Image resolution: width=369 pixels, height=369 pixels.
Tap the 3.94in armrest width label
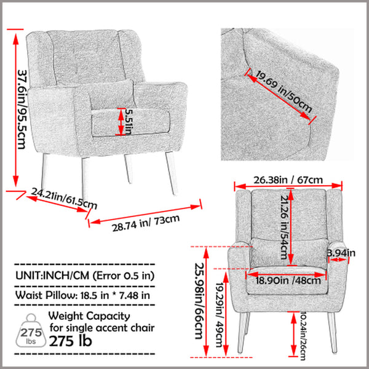pos(342,252)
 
